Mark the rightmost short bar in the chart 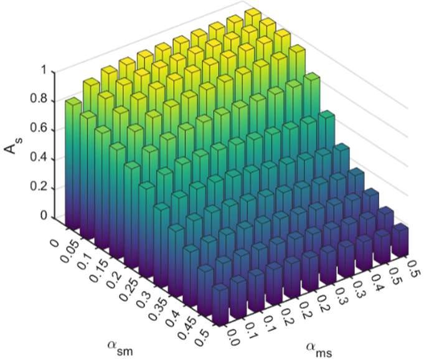400,240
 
